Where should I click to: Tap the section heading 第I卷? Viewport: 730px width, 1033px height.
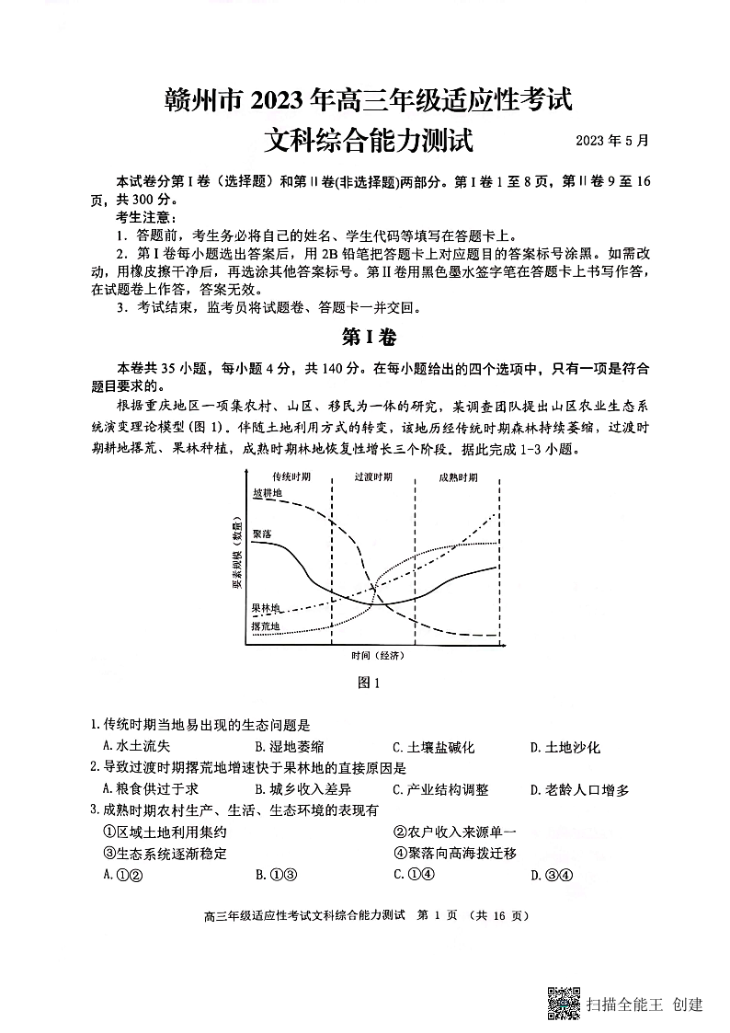click(x=368, y=338)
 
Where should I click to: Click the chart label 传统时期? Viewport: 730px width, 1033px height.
click(x=291, y=477)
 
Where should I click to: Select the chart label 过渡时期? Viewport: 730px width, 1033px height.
click(x=373, y=477)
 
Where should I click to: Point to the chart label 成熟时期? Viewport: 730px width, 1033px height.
click(x=457, y=477)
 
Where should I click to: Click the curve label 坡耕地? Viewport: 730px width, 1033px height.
click(x=267, y=494)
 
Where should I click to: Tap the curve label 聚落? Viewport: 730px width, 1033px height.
click(x=261, y=534)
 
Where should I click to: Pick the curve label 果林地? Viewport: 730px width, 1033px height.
click(x=267, y=608)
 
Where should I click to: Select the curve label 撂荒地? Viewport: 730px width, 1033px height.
click(x=266, y=627)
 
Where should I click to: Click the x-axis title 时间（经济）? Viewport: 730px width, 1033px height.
click(x=377, y=656)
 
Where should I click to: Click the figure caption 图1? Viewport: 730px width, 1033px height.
click(x=367, y=683)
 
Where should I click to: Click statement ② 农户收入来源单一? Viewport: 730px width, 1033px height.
click(x=455, y=832)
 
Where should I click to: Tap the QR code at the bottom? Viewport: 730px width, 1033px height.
click(x=564, y=1002)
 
